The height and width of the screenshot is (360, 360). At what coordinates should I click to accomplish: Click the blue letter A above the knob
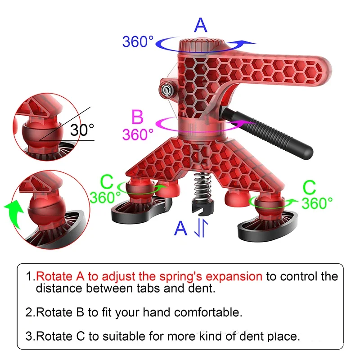tap(200, 25)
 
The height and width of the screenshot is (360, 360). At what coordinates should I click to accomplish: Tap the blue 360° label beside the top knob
tap(138, 41)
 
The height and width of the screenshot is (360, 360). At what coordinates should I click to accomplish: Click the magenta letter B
tap(137, 117)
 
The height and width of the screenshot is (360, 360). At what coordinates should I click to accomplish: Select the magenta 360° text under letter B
tap(138, 134)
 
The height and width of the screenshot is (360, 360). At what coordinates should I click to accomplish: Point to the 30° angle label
tap(82, 130)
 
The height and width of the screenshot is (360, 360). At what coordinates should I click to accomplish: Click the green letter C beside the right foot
tap(309, 187)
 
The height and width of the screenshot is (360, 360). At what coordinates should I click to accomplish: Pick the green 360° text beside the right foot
tap(317, 203)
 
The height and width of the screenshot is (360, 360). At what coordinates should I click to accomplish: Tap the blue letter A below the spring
tap(180, 228)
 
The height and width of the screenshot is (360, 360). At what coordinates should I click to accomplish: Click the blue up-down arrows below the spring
tap(201, 228)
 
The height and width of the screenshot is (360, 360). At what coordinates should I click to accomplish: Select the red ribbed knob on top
tap(201, 46)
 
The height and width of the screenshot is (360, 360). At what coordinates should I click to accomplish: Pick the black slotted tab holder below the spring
tap(203, 207)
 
